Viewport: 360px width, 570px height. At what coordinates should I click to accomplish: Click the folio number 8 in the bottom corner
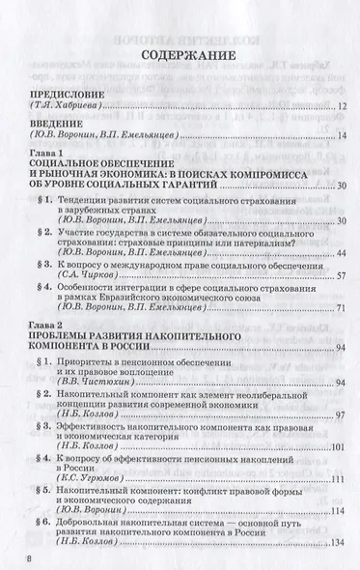[13, 558]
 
